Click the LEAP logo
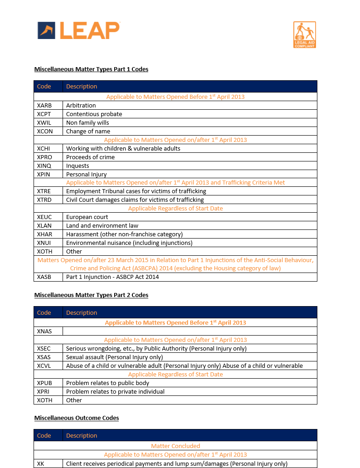coord(78,30)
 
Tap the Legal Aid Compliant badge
coord(304,34)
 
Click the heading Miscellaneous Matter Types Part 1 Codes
coord(91,69)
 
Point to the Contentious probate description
coord(94,114)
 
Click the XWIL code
coord(44,122)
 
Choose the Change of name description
coord(88,131)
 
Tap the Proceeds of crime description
coord(90,157)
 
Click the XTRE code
coord(44,191)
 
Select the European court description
coord(87,217)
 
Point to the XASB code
coord(44,277)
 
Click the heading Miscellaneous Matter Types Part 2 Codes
coord(91,295)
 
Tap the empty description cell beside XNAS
coord(190,331)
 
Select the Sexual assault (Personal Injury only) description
coord(114,357)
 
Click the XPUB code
coord(44,383)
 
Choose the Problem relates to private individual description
coord(115,391)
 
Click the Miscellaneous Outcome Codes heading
coord(77,418)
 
